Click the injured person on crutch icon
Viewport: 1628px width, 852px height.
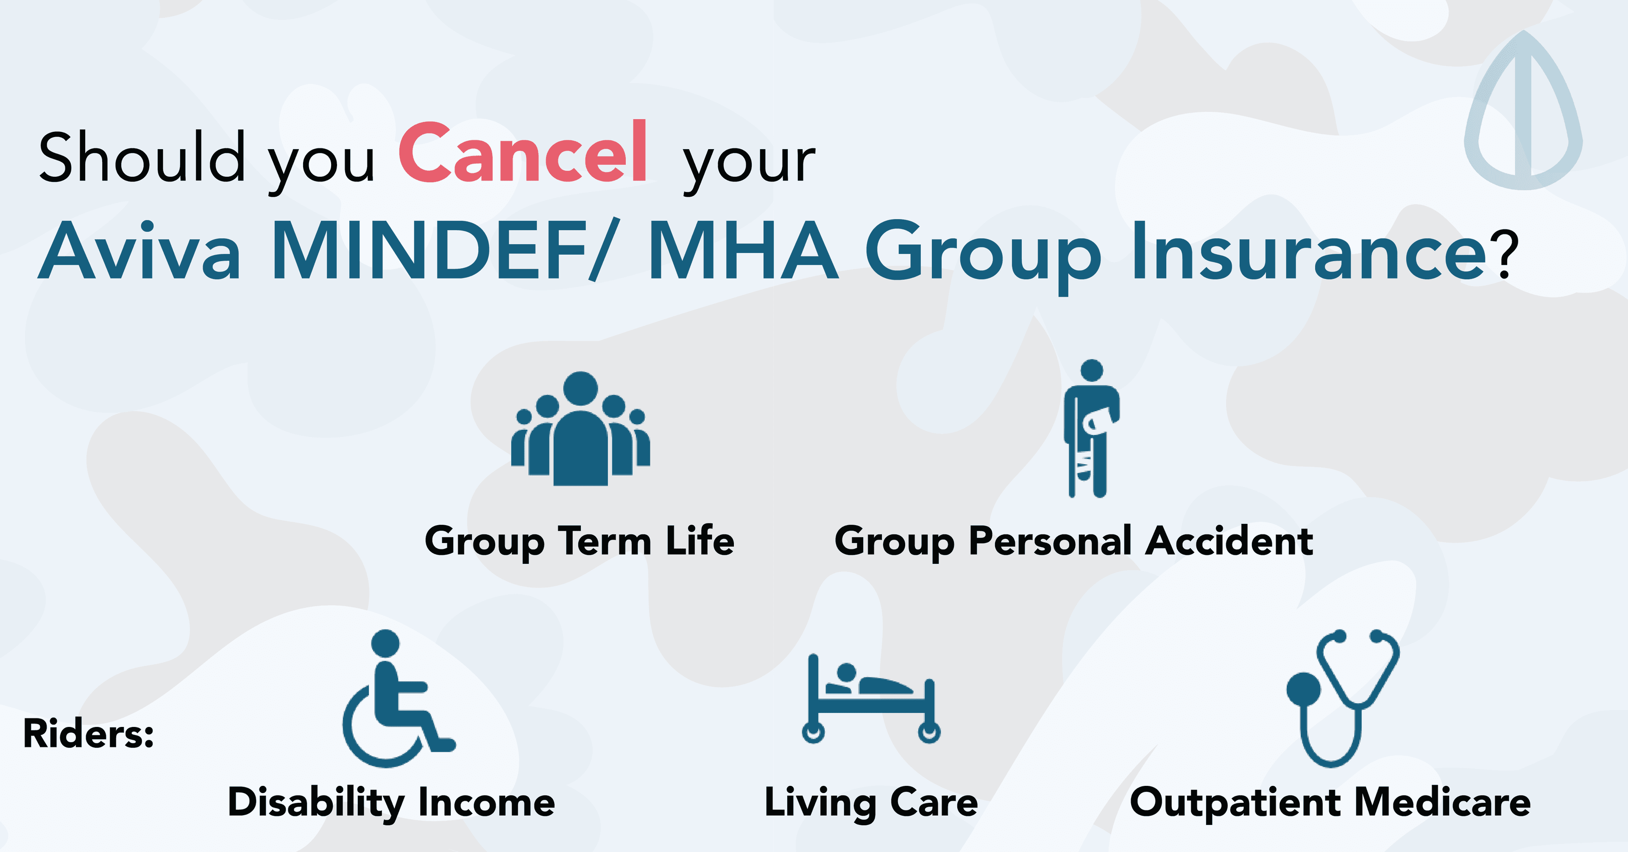pyautogui.click(x=1091, y=429)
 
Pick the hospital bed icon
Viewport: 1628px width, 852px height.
pyautogui.click(x=871, y=699)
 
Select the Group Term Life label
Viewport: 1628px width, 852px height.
pyautogui.click(x=580, y=542)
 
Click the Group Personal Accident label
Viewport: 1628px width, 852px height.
pyautogui.click(x=1074, y=542)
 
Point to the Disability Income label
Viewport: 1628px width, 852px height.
pyautogui.click(x=391, y=803)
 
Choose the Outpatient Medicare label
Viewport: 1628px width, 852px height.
pyautogui.click(x=1330, y=803)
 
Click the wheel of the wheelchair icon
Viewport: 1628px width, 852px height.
pyautogui.click(x=354, y=746)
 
